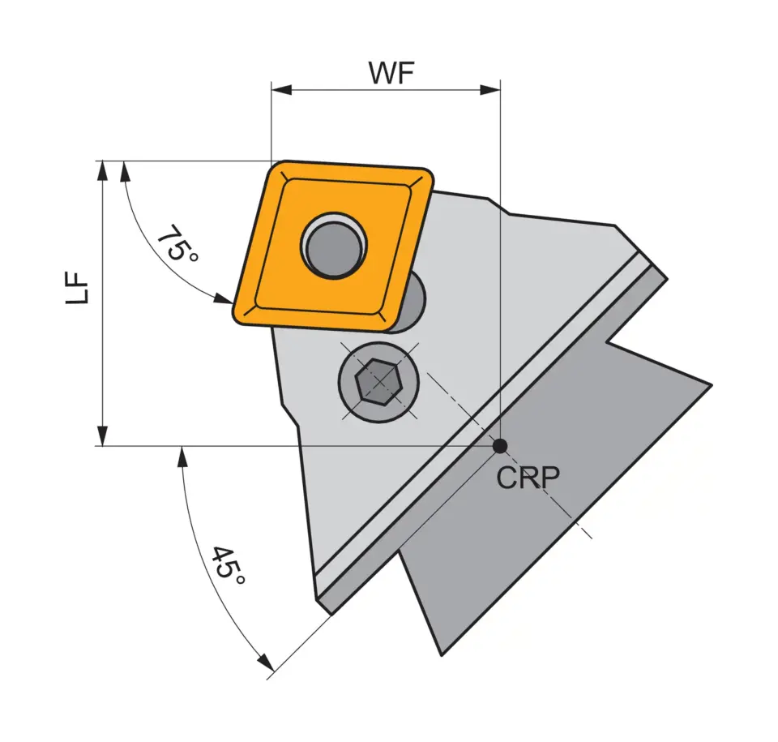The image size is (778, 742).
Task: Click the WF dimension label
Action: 391,73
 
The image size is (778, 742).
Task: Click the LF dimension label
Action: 78,288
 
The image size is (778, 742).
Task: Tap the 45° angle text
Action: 228,568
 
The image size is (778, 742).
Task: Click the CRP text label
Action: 528,478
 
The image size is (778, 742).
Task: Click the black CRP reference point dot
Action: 500,445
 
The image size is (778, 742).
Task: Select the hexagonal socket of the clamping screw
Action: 377,380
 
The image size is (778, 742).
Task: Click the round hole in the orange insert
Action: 334,244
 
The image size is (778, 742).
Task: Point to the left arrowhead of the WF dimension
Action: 280,89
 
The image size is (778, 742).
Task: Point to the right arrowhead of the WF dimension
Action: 490,89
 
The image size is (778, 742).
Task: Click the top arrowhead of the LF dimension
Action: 102,169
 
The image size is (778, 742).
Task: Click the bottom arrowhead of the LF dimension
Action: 102,437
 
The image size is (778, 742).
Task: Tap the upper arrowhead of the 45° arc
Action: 183,456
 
